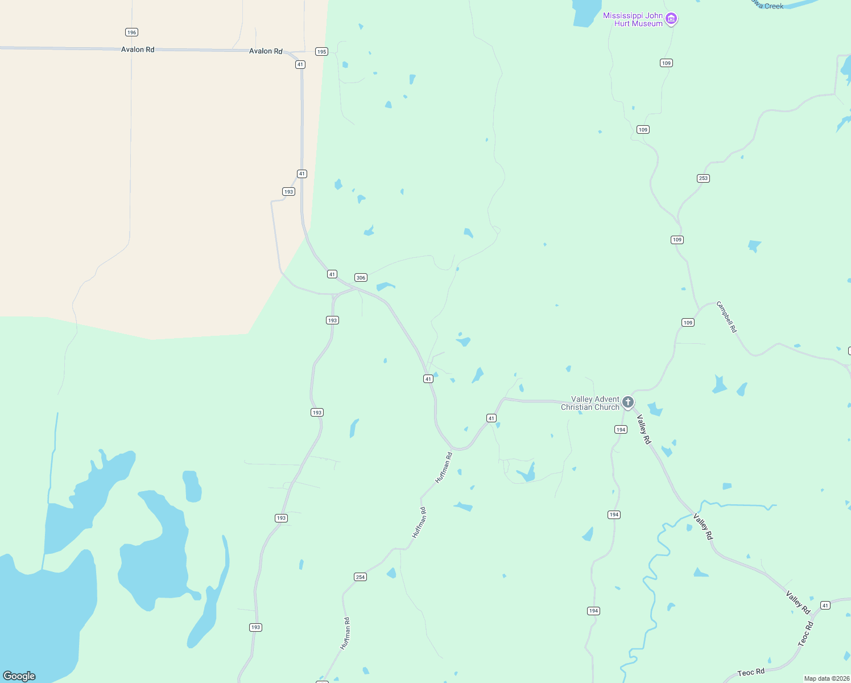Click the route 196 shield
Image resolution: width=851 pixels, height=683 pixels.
pos(132,32)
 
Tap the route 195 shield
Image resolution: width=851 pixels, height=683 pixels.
pos(322,52)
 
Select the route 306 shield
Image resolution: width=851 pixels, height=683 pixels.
pos(361,278)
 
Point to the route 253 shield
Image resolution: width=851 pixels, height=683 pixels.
pos(703,178)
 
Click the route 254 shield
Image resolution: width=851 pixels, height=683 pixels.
pos(360,577)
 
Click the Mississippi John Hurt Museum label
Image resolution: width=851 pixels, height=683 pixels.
pos(633,19)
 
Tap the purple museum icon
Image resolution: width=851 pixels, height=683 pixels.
pos(671,19)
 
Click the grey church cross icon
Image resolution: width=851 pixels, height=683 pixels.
pos(628,402)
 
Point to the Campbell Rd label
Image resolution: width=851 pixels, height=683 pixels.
pos(726,317)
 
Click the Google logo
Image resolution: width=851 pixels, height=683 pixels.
pos(19,676)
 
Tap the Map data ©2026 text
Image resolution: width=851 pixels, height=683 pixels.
pos(827,678)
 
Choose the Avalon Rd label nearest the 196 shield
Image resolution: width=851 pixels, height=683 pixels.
pos(138,50)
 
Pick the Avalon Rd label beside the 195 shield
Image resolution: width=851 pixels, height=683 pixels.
pos(266,51)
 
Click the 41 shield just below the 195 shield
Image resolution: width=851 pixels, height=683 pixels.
pos(300,65)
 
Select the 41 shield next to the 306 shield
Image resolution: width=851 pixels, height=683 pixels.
pos(332,274)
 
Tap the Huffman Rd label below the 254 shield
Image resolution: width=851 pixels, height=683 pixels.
pos(345,633)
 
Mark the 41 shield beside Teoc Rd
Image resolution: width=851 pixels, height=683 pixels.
pos(825,605)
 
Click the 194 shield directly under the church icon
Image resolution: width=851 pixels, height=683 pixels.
pos(621,430)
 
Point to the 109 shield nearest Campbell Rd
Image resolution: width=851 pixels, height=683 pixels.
pos(688,323)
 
